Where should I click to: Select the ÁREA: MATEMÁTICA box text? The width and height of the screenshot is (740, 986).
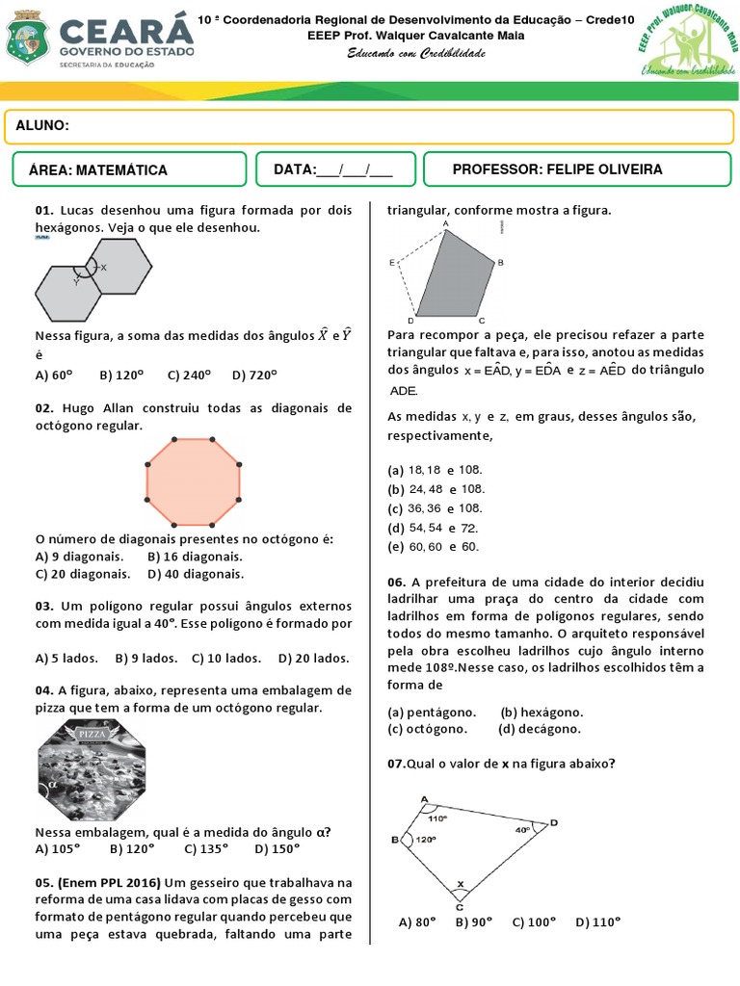coord(98,170)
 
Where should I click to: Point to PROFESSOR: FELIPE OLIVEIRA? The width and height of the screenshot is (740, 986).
coord(557,169)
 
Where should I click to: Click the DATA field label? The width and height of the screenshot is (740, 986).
coord(295,169)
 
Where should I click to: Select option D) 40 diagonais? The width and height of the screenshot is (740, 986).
coord(196,574)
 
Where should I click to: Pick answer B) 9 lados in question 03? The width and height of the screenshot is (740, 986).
coord(145,659)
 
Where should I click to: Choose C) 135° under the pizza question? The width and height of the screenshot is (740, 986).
coord(205,848)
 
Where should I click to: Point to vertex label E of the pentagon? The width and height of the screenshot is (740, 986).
coord(392,262)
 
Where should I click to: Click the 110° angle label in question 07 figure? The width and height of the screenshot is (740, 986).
coord(439,818)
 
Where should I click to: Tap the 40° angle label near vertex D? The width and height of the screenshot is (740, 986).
coord(521,829)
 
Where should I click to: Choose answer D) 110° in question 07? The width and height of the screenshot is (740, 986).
coord(597,921)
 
